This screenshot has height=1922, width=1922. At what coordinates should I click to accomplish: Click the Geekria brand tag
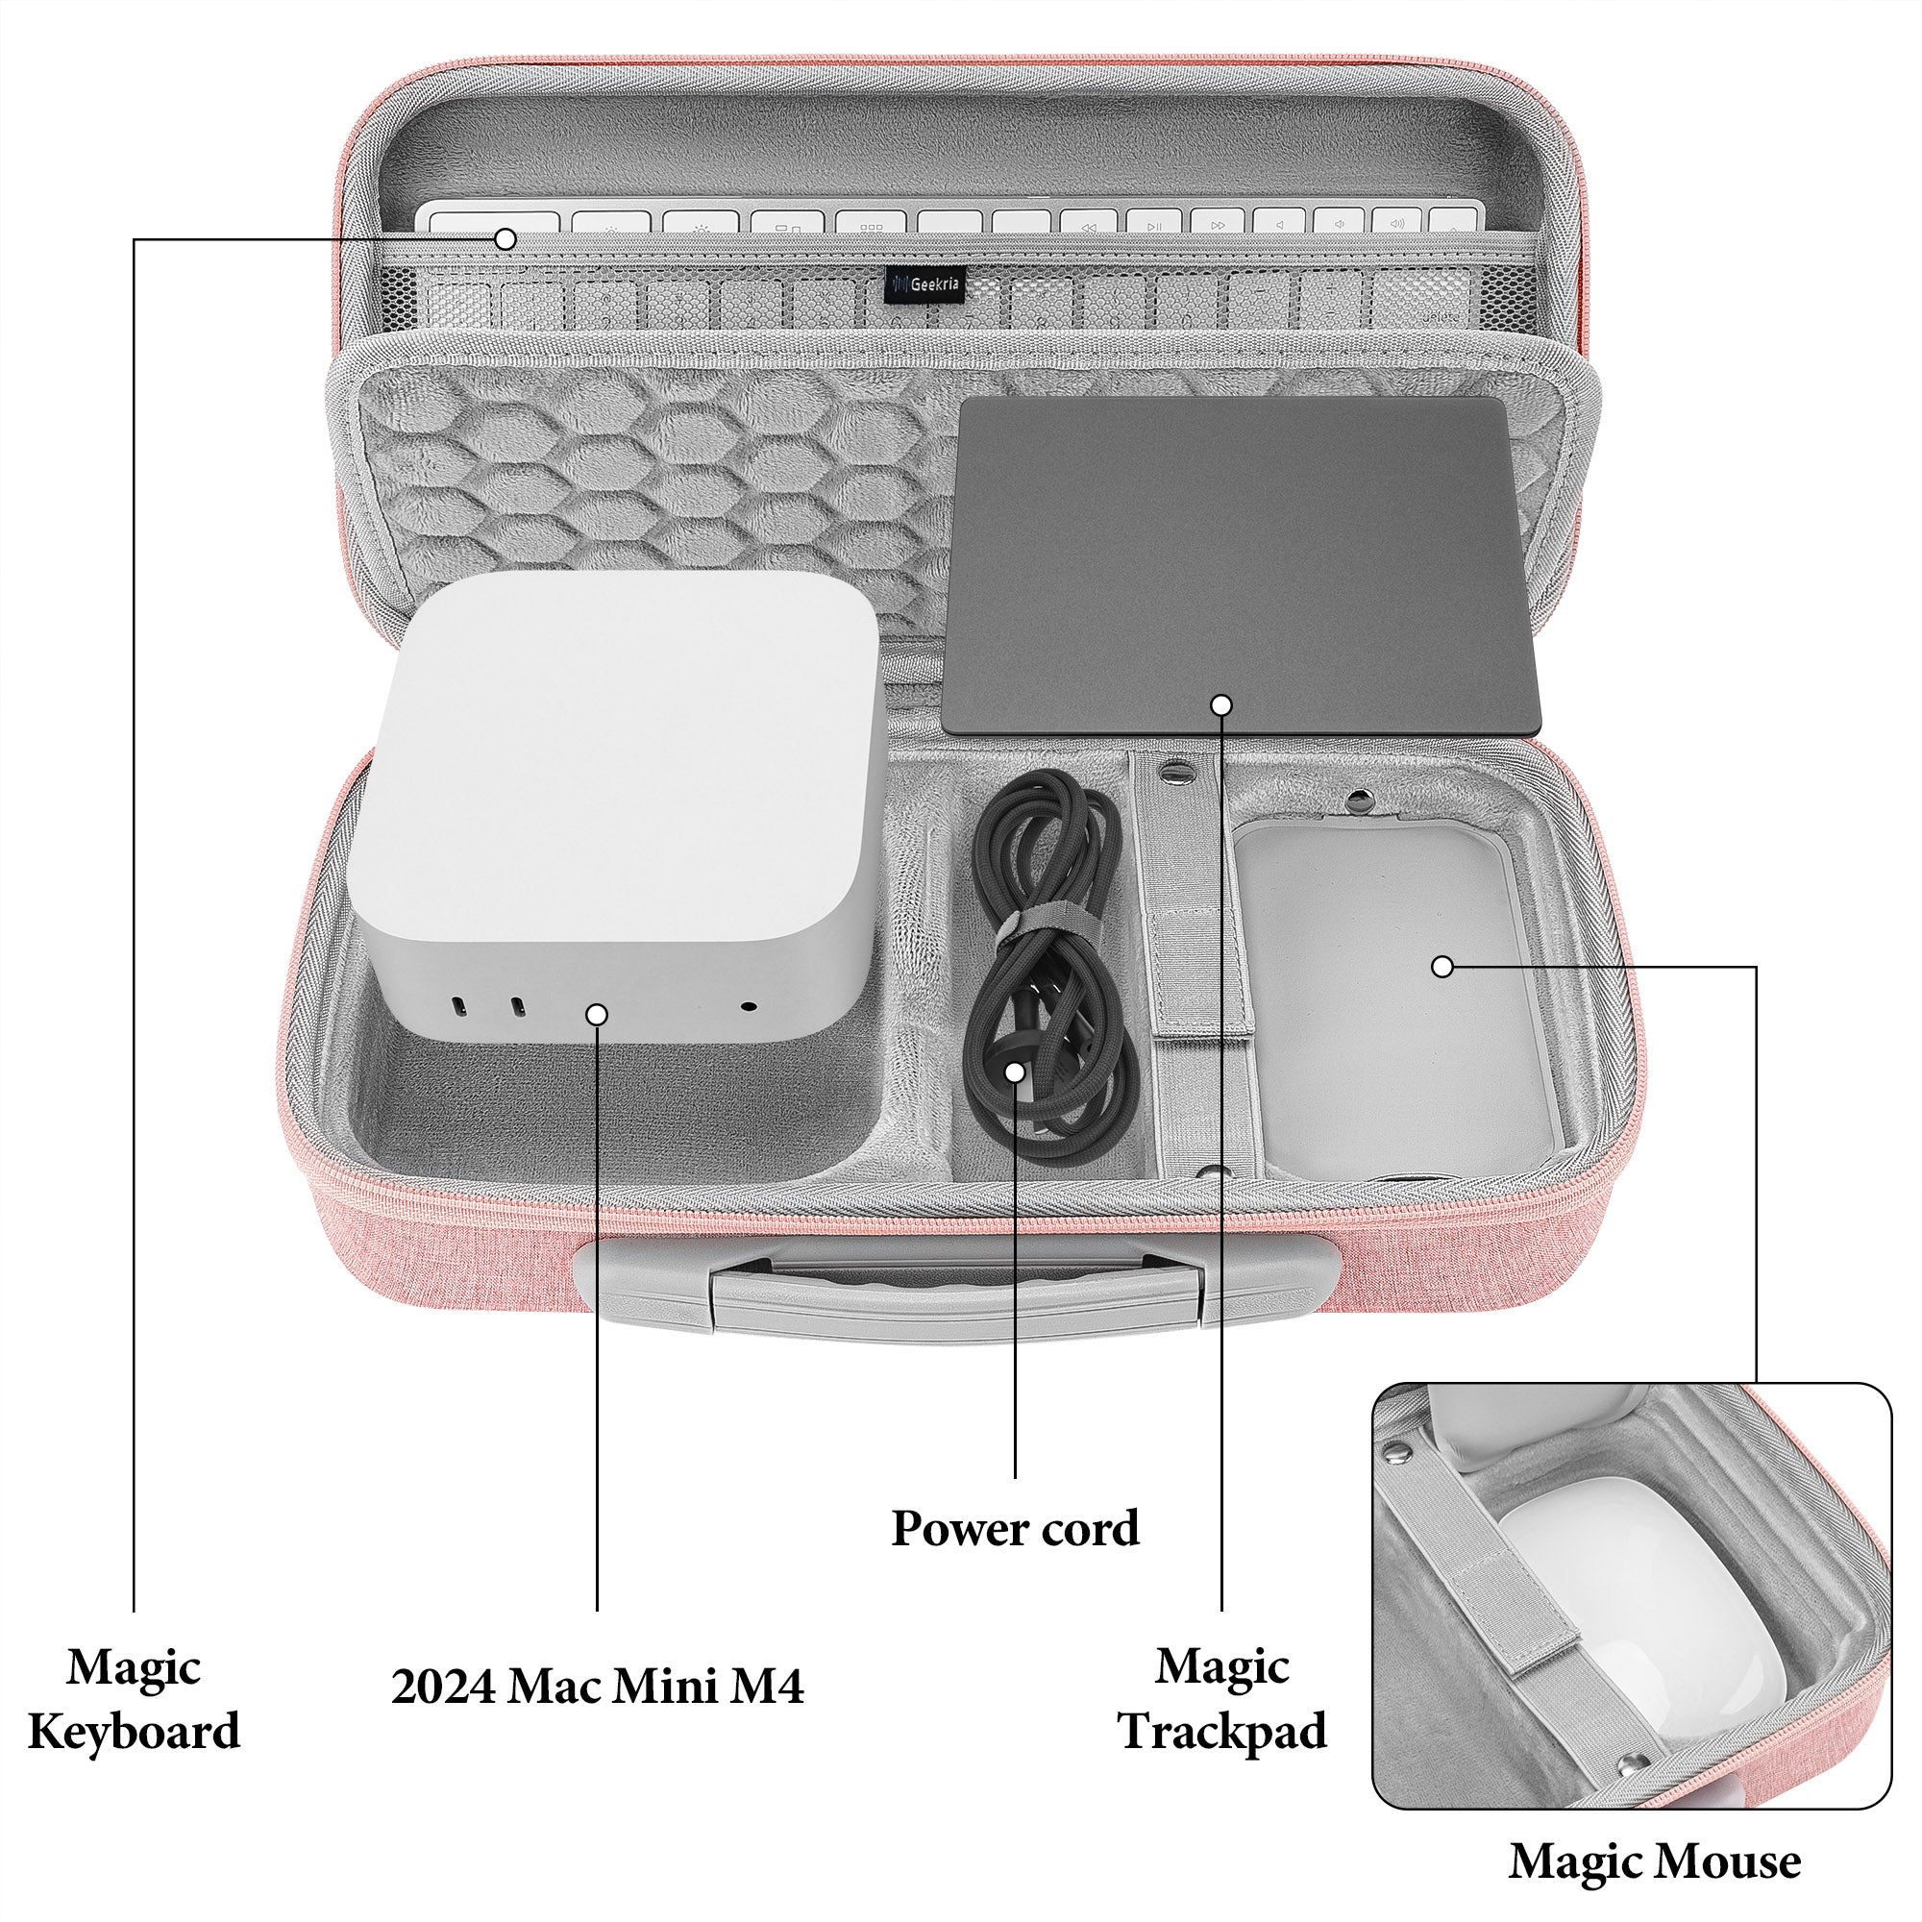point(924,283)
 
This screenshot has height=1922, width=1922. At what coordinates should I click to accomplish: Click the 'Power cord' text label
point(1015,1529)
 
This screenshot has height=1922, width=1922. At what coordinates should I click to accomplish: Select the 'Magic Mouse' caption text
point(1655,1861)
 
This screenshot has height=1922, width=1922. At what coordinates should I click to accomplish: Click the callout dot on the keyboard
point(506,238)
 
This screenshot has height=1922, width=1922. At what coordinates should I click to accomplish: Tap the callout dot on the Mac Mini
point(597,1014)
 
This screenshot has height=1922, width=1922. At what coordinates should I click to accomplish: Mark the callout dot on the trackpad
point(1221,704)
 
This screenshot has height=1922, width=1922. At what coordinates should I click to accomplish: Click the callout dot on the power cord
point(1015,1072)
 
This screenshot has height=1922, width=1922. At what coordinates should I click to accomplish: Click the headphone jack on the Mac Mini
point(748,1007)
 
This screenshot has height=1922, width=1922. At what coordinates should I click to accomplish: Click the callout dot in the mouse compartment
point(1442,966)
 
